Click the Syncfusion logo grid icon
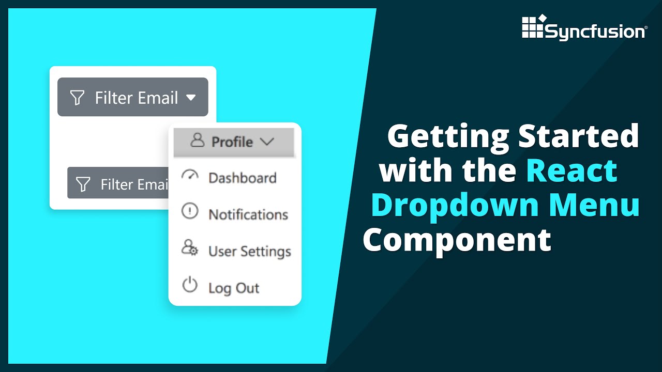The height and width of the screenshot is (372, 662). pyautogui.click(x=533, y=26)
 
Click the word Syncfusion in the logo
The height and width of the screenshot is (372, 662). pyautogui.click(x=595, y=32)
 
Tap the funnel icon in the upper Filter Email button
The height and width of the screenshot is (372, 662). pyautogui.click(x=77, y=98)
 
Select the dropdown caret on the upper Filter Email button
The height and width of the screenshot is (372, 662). pyautogui.click(x=191, y=97)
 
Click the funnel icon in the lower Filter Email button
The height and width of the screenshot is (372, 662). pyautogui.click(x=83, y=184)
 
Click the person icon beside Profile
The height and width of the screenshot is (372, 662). pyautogui.click(x=197, y=141)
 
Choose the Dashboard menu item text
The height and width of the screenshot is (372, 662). pyautogui.click(x=242, y=178)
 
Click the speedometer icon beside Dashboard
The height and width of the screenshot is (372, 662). pyautogui.click(x=190, y=176)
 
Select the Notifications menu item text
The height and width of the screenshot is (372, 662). pyautogui.click(x=248, y=214)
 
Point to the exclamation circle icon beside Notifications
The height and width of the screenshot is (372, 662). pyautogui.click(x=190, y=211)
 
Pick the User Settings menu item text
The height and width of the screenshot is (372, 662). pyautogui.click(x=249, y=252)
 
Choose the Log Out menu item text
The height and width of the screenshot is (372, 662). pyautogui.click(x=234, y=288)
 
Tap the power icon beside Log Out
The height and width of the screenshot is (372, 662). pyautogui.click(x=190, y=285)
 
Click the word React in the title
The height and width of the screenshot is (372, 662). pyautogui.click(x=572, y=171)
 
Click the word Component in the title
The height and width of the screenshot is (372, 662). pyautogui.click(x=457, y=240)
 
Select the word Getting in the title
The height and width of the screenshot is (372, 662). pyautogui.click(x=447, y=136)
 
